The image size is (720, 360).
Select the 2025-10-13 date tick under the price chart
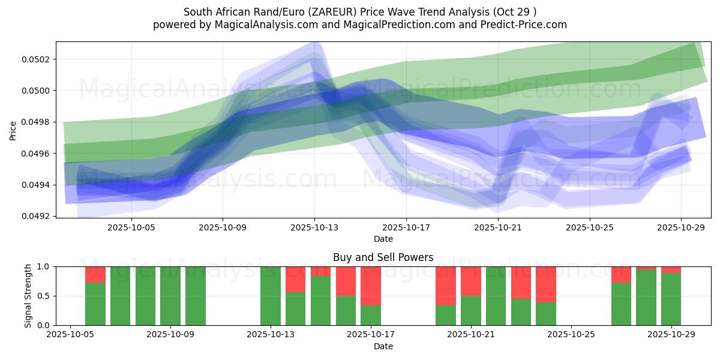[314, 228]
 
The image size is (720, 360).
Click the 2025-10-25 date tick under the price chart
[589, 228]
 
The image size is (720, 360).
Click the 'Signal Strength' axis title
[28, 296]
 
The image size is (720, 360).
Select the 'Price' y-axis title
[13, 130]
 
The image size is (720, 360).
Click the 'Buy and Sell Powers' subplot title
[383, 257]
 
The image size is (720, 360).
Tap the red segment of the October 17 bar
[371, 286]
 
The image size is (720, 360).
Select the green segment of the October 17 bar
[371, 315]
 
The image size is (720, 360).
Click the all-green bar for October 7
[121, 296]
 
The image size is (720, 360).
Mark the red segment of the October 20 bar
[446, 286]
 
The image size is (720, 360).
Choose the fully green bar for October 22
[496, 296]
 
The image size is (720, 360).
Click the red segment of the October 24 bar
[546, 284]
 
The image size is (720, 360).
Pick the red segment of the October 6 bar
[95, 274]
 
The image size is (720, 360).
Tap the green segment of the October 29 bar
[671, 299]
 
